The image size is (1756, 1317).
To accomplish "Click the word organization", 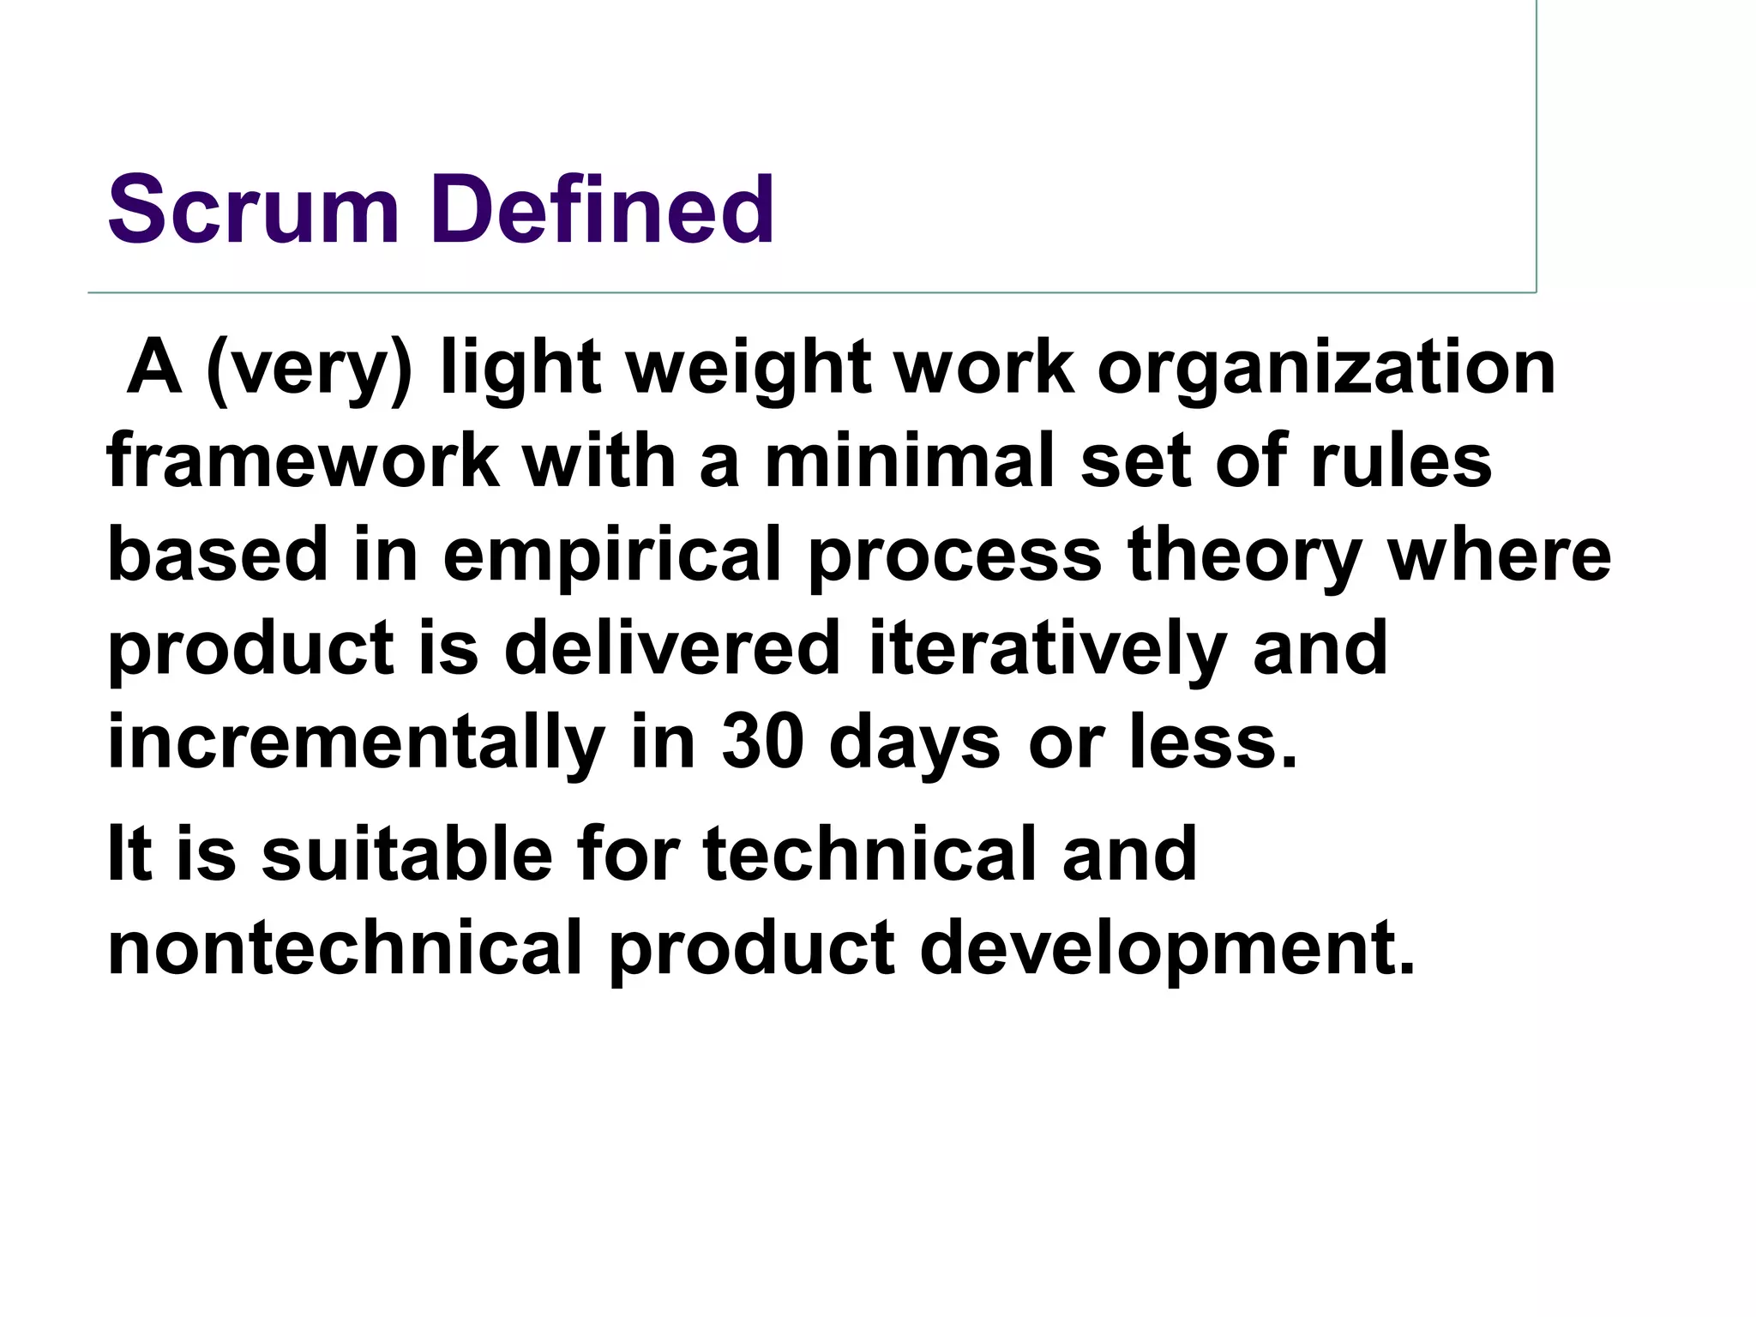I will [1326, 370].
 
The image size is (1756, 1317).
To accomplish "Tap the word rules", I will [1401, 462].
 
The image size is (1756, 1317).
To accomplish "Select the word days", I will [914, 742].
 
